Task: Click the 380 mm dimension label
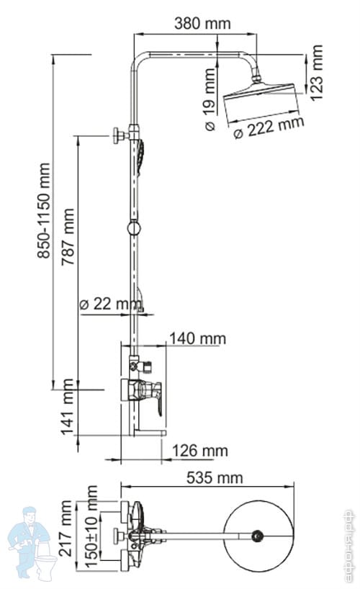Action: [x=202, y=24]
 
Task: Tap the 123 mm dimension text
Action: [x=316, y=73]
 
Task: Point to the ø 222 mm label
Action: [x=269, y=127]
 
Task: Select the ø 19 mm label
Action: [x=210, y=99]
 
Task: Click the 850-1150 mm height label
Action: [x=44, y=211]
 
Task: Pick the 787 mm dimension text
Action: [x=68, y=237]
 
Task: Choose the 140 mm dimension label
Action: [x=198, y=338]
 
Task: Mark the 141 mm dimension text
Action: [x=68, y=407]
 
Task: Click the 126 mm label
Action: [x=200, y=451]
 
